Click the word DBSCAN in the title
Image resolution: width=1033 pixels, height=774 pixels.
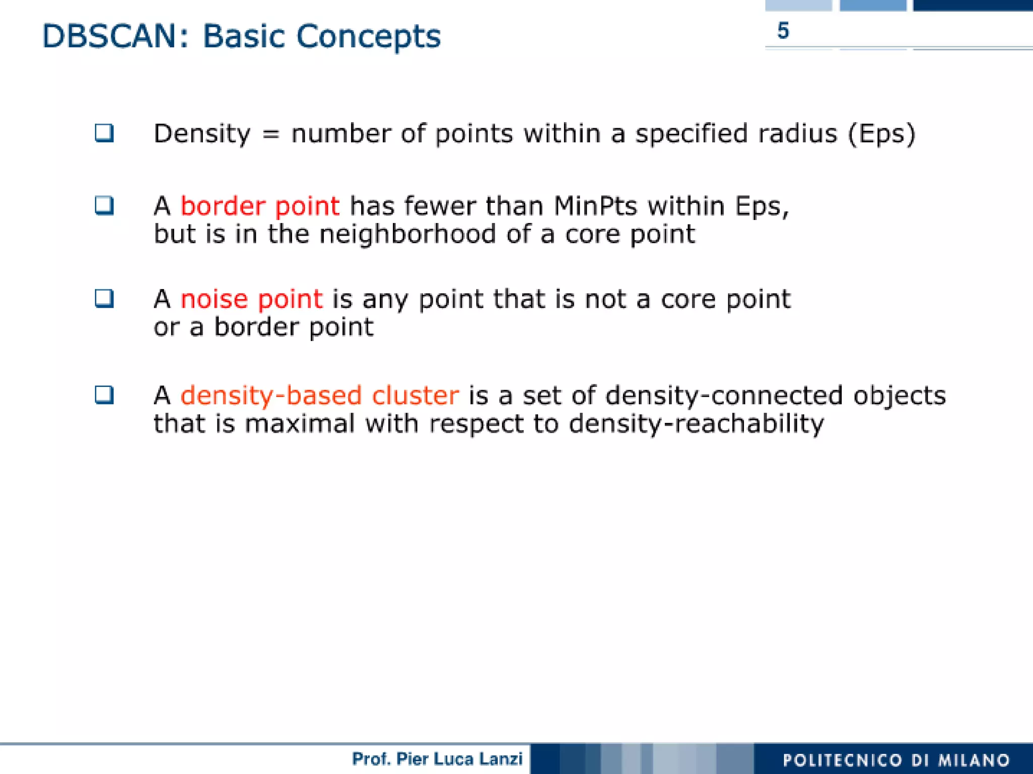tap(108, 36)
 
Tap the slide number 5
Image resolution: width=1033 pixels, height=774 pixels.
tap(783, 31)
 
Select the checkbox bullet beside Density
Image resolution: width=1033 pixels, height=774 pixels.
tap(104, 133)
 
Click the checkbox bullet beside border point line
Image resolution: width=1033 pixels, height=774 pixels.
tap(104, 205)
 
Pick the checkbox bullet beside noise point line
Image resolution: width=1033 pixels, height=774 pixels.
tap(104, 298)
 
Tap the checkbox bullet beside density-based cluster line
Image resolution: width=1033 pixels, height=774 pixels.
tap(104, 395)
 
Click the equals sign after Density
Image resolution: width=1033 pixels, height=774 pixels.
tap(270, 134)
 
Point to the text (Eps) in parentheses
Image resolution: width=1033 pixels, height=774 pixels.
tap(881, 134)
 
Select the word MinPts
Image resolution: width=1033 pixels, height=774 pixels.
tap(595, 206)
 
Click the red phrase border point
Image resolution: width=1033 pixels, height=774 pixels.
tap(260, 206)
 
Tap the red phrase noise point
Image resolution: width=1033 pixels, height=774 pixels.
tap(251, 299)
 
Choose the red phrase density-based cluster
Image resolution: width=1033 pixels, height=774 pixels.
tap(320, 395)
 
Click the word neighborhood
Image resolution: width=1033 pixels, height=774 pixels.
tap(408, 235)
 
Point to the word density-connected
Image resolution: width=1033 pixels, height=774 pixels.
tap(724, 395)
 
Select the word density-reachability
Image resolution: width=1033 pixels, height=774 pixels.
tap(696, 423)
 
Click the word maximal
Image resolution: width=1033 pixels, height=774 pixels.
tap(300, 423)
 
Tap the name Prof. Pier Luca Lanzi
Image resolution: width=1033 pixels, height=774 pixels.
tap(437, 759)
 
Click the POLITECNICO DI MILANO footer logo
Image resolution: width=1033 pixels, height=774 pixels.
tap(896, 760)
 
